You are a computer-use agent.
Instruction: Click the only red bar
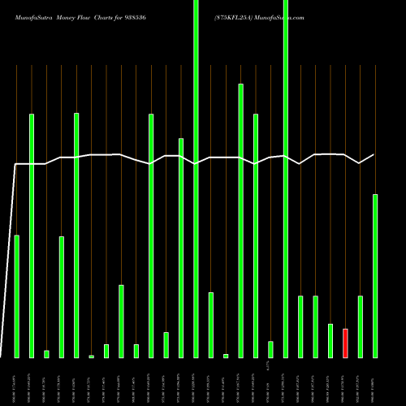click(345, 343)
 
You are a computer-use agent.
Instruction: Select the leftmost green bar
click(16, 296)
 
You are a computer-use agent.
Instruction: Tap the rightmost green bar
click(375, 275)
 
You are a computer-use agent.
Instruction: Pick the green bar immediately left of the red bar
click(330, 340)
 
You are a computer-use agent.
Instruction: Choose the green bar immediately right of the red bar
click(360, 326)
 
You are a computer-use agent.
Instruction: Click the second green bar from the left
click(32, 235)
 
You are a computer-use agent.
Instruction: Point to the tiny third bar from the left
click(46, 353)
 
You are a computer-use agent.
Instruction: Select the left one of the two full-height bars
click(196, 179)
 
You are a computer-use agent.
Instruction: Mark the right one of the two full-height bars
click(285, 179)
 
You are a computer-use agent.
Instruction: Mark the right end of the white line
click(374, 154)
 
